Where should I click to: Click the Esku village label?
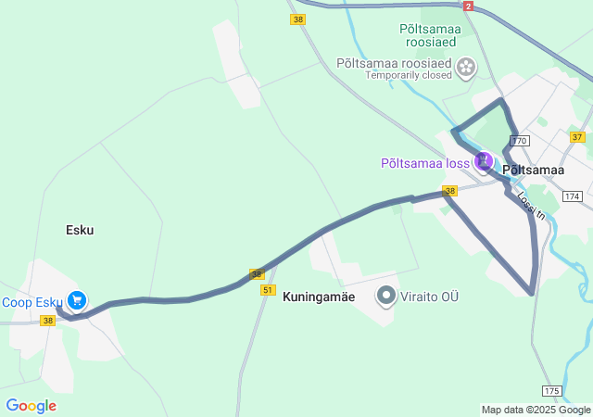pos(80,230)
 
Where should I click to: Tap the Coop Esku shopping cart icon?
pos(77,300)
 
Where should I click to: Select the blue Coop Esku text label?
pos(32,302)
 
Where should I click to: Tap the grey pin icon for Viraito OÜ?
pos(386,297)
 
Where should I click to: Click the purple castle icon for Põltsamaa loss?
pos(483,162)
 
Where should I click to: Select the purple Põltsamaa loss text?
pos(425,163)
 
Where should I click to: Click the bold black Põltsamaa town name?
pos(533,171)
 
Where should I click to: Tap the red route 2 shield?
pos(469,6)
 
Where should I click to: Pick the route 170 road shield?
pos(519,141)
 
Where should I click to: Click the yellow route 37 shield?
pos(577,137)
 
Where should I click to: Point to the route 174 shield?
pos(572,196)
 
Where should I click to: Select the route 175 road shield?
pos(551,390)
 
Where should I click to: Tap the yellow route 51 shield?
pos(268,290)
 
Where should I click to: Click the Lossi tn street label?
pos(526,205)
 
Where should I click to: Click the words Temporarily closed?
pos(408,75)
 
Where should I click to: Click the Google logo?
pos(31,406)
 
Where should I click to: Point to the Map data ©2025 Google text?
pos(536,410)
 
